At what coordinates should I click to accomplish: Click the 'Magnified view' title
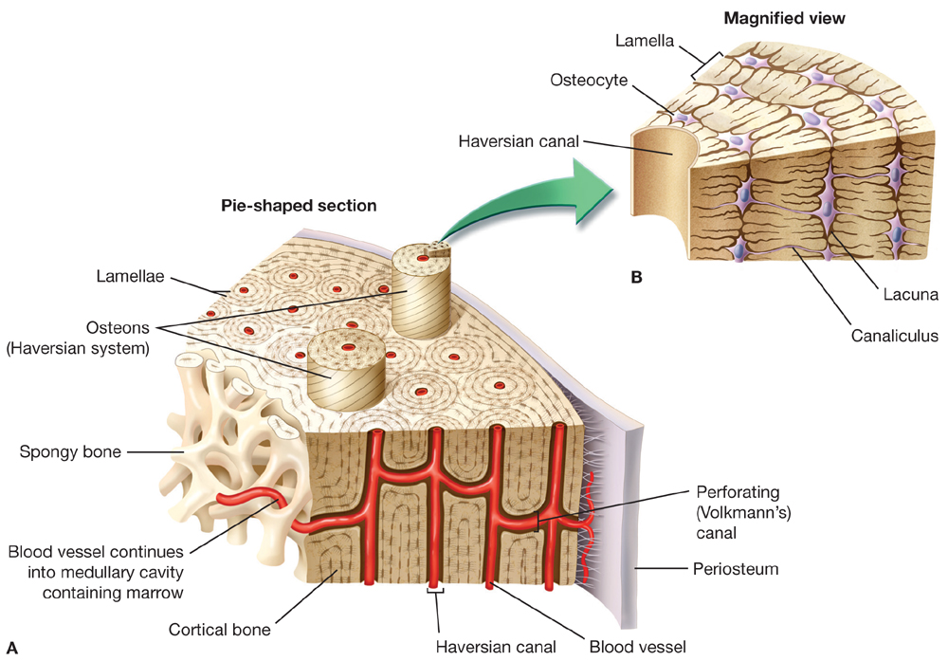pyautogui.click(x=784, y=19)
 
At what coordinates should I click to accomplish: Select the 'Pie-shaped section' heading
pyautogui.click(x=299, y=206)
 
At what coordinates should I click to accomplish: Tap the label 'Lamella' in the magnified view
pyautogui.click(x=645, y=41)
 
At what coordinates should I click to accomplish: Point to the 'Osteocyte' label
pyautogui.click(x=589, y=80)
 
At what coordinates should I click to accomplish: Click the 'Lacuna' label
pyautogui.click(x=910, y=295)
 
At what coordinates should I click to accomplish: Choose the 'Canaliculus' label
pyautogui.click(x=895, y=336)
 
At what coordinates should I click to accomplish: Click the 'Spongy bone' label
pyautogui.click(x=70, y=451)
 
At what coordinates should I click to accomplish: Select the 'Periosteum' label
pyautogui.click(x=736, y=569)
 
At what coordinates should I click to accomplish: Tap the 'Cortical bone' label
pyautogui.click(x=220, y=630)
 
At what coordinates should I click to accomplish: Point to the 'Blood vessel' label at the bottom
pyautogui.click(x=638, y=647)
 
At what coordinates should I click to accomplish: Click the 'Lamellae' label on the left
pyautogui.click(x=130, y=276)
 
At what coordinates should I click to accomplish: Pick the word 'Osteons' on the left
pyautogui.click(x=118, y=328)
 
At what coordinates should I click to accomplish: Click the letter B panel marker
pyautogui.click(x=636, y=278)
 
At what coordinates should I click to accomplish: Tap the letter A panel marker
pyautogui.click(x=12, y=649)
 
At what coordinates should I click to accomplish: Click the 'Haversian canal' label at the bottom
pyautogui.click(x=496, y=647)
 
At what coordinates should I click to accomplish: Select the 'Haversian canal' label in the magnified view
pyautogui.click(x=519, y=141)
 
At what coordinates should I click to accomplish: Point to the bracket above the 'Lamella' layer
pyautogui.click(x=706, y=65)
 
